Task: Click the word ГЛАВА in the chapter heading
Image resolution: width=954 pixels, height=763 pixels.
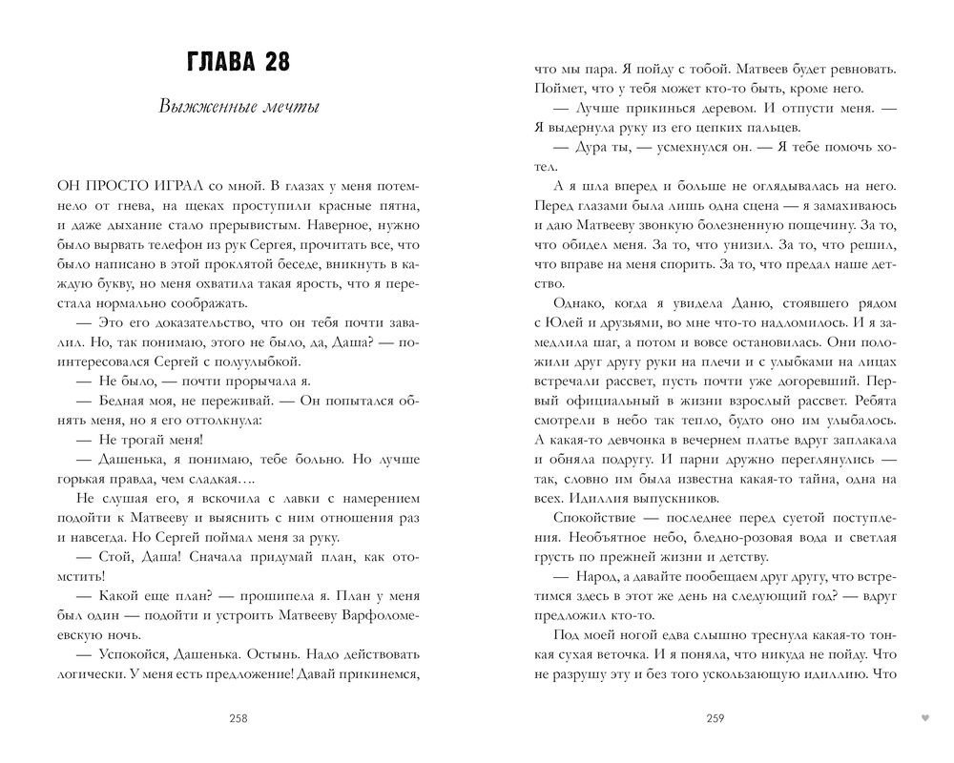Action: (217, 64)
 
